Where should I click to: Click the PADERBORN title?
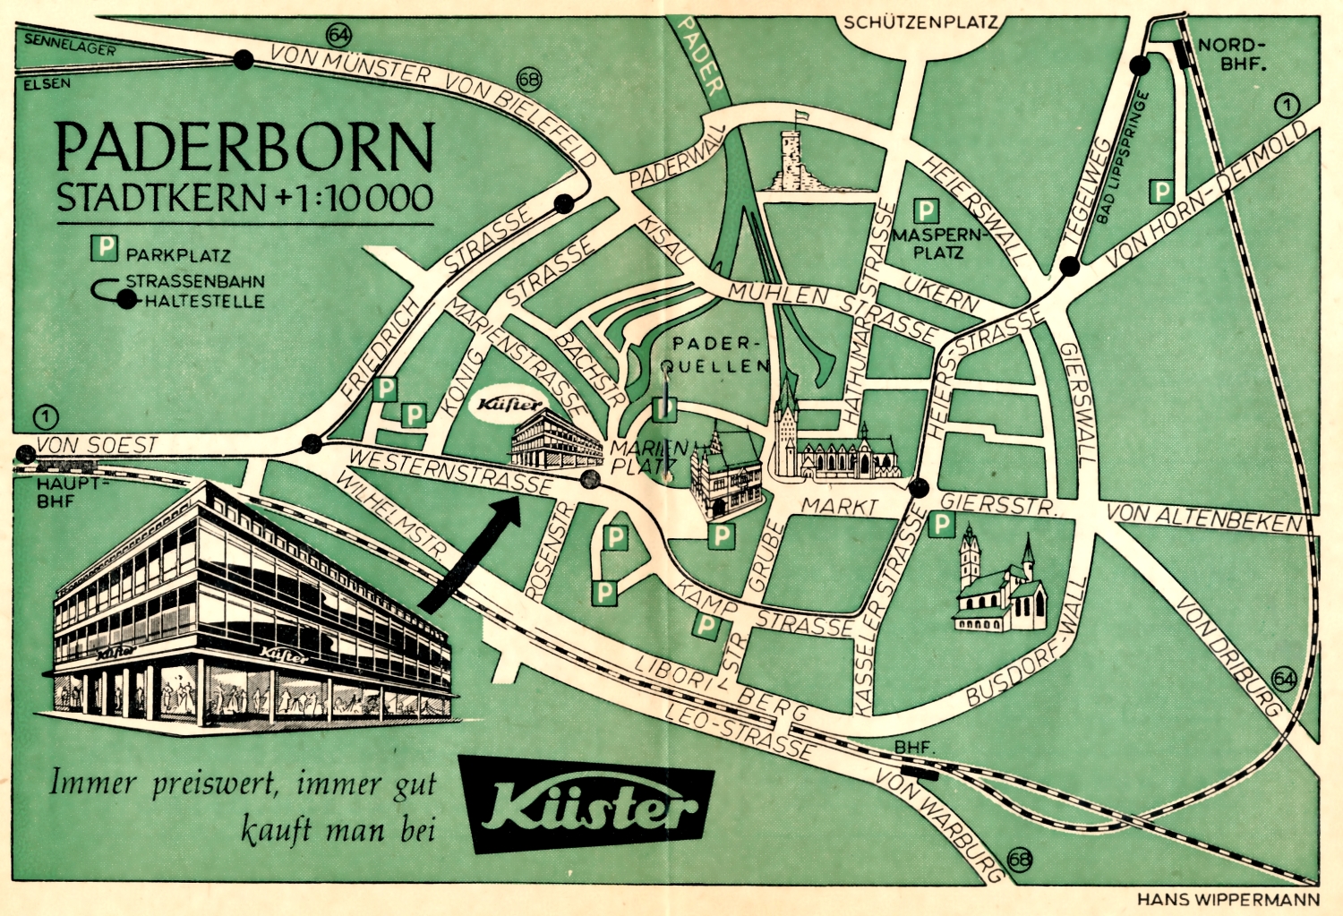click(x=244, y=148)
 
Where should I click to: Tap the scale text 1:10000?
click(x=366, y=198)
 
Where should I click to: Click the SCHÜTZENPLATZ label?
click(x=920, y=22)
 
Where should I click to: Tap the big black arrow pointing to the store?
click(x=470, y=555)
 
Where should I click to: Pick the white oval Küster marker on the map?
click(x=509, y=405)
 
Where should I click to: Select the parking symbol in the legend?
click(x=105, y=247)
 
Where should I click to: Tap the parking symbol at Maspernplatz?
click(x=925, y=211)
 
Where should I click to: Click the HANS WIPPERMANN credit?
click(x=1228, y=899)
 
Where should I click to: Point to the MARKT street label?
click(x=839, y=507)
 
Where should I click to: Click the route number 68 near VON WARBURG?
click(x=1019, y=860)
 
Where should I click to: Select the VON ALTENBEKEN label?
click(x=1203, y=518)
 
